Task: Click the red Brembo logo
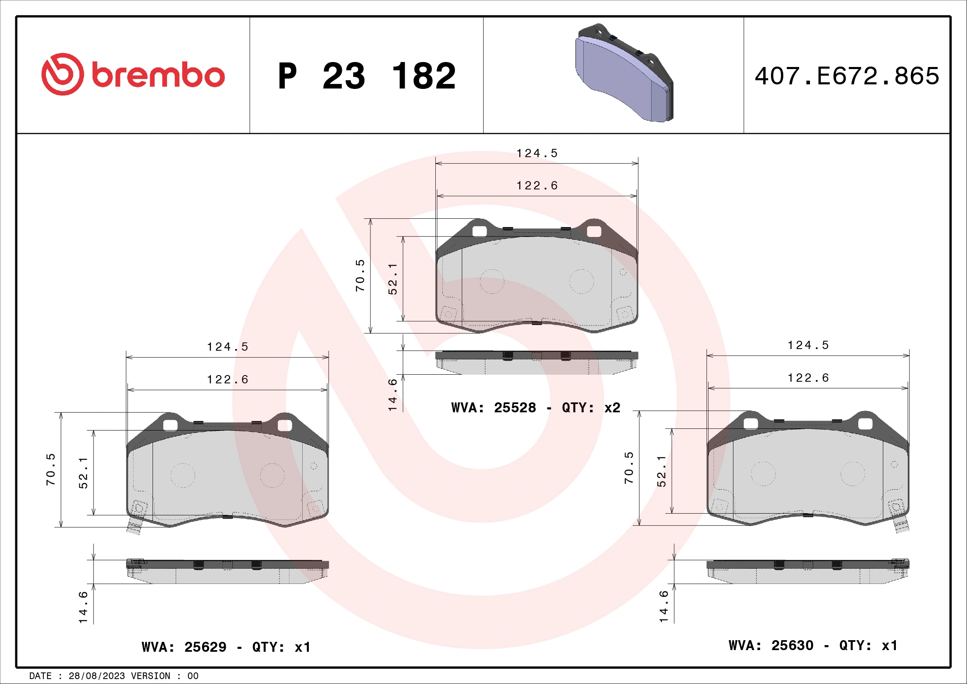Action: click(x=133, y=74)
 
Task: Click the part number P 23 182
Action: click(x=366, y=76)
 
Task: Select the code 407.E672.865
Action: click(x=847, y=76)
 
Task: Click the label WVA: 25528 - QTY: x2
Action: click(x=535, y=408)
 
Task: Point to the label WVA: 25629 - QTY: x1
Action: click(x=226, y=647)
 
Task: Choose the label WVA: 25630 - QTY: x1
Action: click(x=813, y=645)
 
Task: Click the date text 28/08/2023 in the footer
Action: click(x=96, y=676)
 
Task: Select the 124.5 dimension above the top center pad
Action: click(x=537, y=153)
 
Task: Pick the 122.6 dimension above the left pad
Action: click(x=227, y=380)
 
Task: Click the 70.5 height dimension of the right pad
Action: click(x=629, y=468)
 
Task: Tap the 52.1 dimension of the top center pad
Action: click(x=392, y=279)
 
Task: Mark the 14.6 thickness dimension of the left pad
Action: click(x=84, y=607)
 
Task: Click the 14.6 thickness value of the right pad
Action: click(x=664, y=606)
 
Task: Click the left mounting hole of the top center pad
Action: click(x=479, y=231)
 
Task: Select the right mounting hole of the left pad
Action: click(x=284, y=426)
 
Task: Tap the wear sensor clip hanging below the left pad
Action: click(x=134, y=527)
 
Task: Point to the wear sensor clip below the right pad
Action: click(x=902, y=525)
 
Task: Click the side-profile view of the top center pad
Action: click(x=537, y=362)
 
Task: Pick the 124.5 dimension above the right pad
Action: click(x=808, y=345)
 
